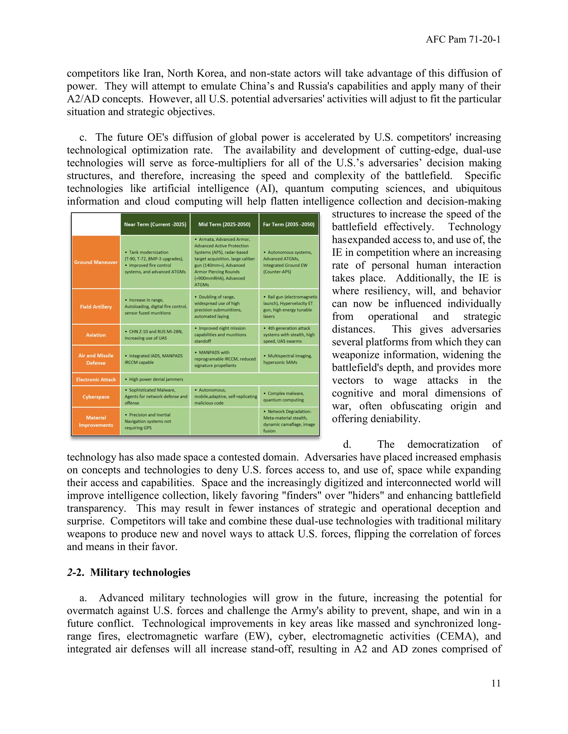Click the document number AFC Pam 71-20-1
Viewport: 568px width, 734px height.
[463, 40]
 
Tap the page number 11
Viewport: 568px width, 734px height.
[496, 683]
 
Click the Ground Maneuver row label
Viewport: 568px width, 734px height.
[96, 262]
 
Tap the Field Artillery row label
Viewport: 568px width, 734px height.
[96, 307]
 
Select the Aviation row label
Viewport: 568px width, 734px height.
[96, 335]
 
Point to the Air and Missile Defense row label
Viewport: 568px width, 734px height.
[96, 359]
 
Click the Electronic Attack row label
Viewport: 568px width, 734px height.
[96, 379]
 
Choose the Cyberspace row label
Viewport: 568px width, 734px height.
[96, 397]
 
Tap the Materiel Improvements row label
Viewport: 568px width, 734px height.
[96, 422]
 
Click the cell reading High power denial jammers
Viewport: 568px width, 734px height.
[156, 379]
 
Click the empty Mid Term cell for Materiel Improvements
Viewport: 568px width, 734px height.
[224, 422]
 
